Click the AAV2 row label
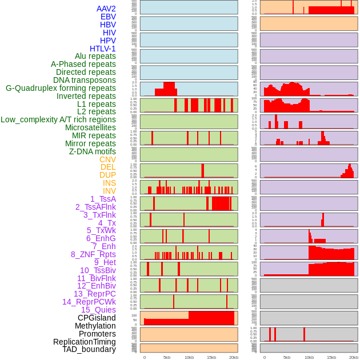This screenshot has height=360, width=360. coord(106,9)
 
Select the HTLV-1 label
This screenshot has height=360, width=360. coord(103,49)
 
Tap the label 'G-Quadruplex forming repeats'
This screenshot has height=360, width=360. coord(61,89)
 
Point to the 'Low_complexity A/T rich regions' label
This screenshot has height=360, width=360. coord(58,119)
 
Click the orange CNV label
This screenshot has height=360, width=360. coord(107,159)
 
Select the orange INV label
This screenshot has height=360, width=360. coord(109,191)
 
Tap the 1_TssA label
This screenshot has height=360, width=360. coord(103,199)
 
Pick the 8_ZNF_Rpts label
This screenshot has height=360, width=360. coord(93,254)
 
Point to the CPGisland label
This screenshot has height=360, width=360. coord(97,318)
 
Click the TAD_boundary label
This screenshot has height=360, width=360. coord(89,349)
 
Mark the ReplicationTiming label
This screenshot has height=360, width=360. coord(85,342)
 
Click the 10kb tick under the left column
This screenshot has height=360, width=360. coord(189,357)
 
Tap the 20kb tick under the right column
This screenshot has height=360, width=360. coord(354,357)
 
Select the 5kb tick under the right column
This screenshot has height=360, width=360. coord(287,357)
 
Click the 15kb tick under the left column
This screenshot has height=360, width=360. coord(211,357)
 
